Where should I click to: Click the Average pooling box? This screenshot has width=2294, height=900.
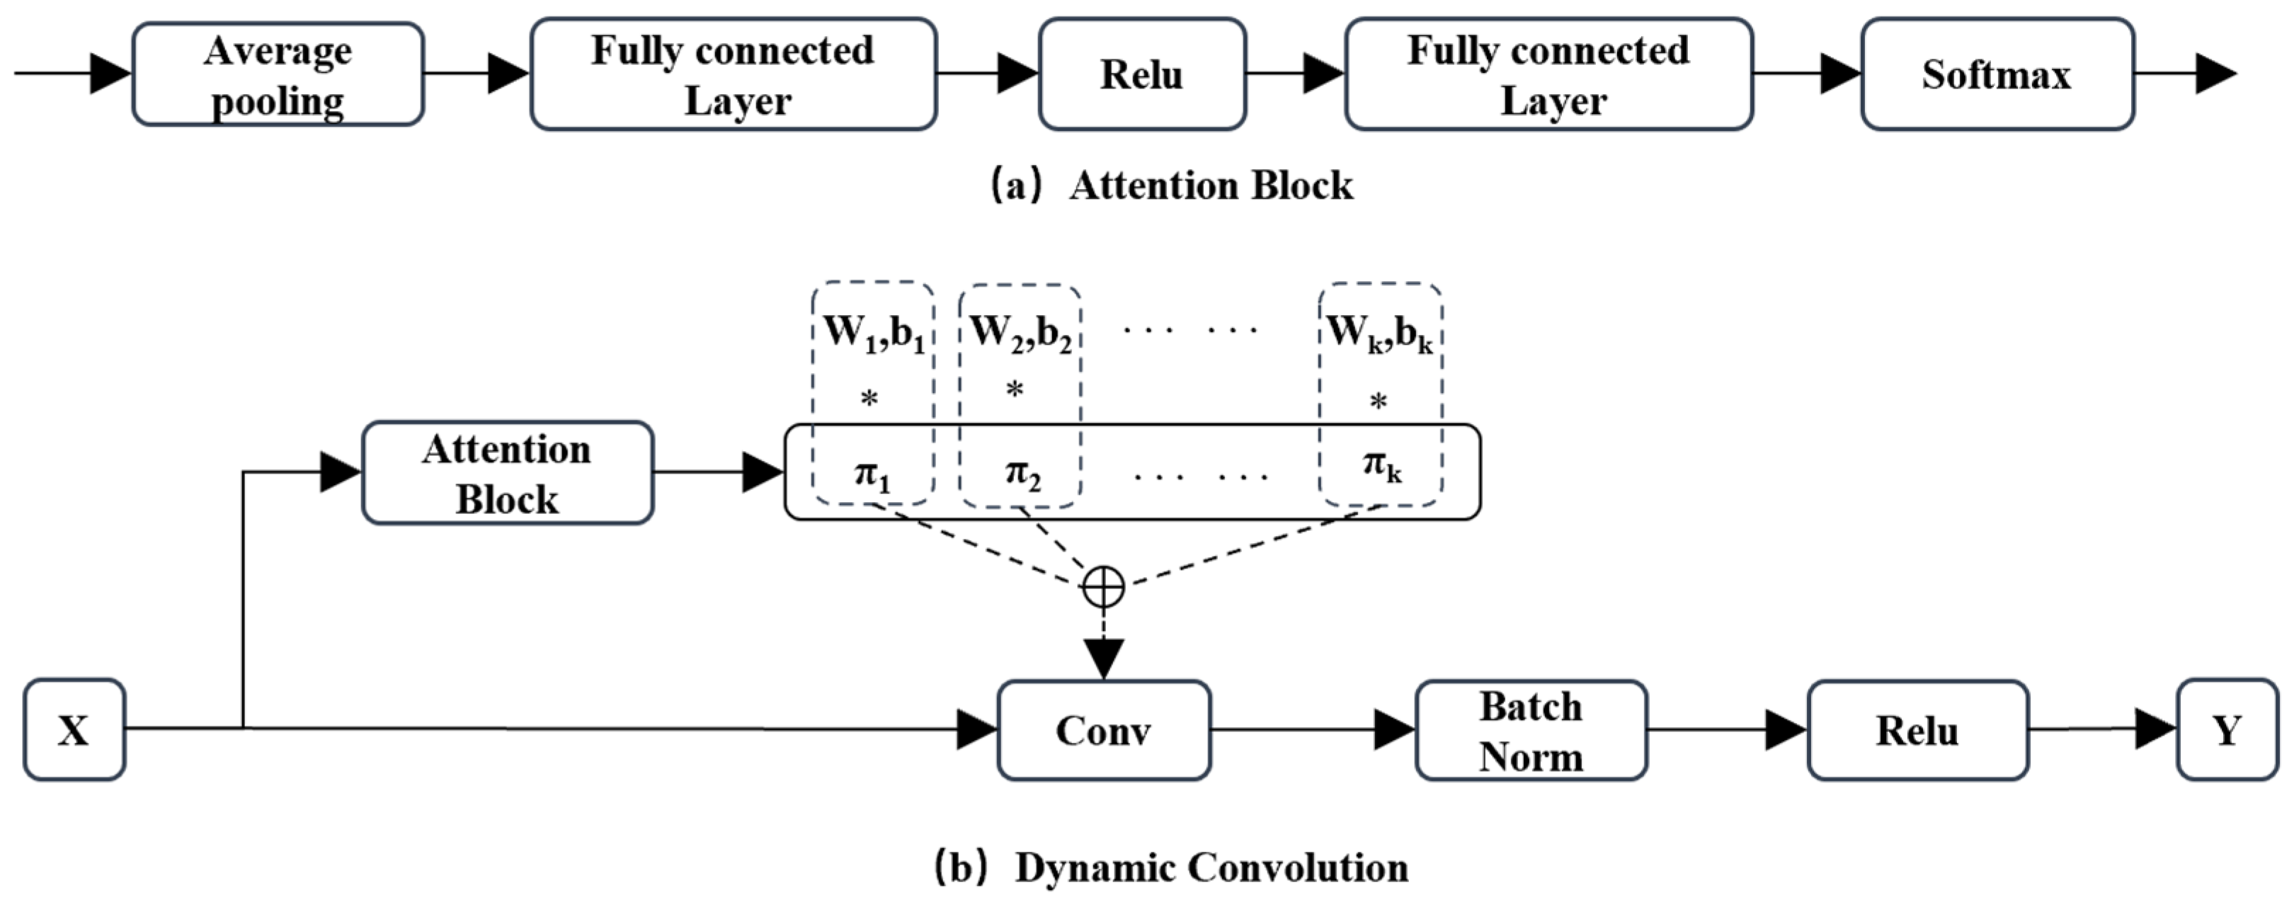click(278, 75)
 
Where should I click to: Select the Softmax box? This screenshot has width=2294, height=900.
click(1997, 75)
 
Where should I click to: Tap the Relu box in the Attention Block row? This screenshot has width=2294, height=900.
click(1141, 75)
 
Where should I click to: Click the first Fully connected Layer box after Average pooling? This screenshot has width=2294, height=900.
click(733, 75)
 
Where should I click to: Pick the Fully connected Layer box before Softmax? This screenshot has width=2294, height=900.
click(1548, 75)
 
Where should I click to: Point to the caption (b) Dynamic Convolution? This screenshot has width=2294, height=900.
click(1172, 867)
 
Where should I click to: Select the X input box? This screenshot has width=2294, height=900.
click(74, 730)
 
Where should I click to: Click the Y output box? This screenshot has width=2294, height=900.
click(2226, 730)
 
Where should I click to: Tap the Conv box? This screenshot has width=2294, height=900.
click(1103, 730)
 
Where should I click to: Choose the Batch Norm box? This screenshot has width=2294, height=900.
click(1531, 730)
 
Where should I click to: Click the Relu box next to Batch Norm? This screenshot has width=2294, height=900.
click(1917, 730)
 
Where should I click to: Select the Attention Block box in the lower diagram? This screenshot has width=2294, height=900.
click(507, 473)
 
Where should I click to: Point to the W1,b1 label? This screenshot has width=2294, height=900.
click(874, 333)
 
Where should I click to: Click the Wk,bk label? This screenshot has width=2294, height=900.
click(1379, 333)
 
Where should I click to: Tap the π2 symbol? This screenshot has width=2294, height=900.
click(1022, 473)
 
